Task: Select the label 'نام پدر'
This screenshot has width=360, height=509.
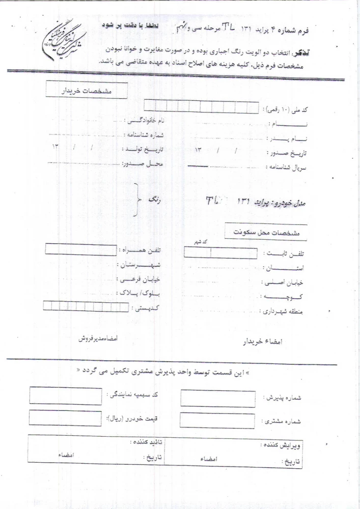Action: click(x=288, y=138)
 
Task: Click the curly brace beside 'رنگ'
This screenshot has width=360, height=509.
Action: click(x=136, y=200)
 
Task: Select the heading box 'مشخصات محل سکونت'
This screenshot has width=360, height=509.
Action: click(x=265, y=232)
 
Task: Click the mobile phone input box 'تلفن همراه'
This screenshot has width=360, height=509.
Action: click(x=73, y=249)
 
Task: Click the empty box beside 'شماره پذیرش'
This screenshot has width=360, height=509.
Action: click(x=218, y=399)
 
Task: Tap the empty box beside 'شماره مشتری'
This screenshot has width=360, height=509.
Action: click(x=218, y=420)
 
